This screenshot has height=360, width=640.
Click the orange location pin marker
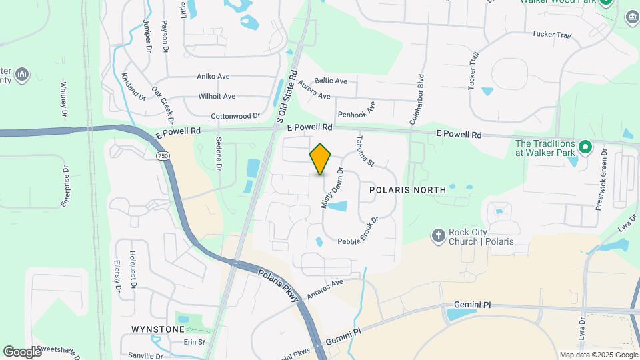321,159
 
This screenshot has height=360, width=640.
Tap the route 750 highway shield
163,155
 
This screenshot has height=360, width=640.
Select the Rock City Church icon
438,235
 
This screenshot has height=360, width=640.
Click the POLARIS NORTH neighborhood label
407,190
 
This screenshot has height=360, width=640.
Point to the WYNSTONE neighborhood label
157,329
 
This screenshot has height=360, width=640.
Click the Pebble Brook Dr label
359,231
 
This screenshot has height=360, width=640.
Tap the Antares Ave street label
325,288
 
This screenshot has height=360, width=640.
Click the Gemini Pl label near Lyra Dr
472,305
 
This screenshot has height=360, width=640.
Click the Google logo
22,351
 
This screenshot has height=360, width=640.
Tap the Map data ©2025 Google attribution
598,355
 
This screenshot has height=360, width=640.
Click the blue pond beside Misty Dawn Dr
337,206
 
